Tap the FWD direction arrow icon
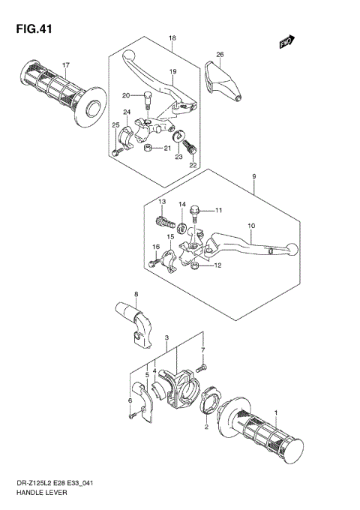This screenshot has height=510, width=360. tap(286, 43)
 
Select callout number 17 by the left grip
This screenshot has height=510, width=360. tap(65, 64)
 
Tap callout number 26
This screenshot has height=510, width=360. tap(220, 55)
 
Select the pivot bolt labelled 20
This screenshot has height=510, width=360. tap(148, 97)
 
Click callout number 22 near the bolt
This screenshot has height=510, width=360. tap(193, 165)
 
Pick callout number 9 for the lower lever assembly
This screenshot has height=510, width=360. tap(254, 178)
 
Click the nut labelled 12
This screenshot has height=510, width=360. tap(194, 265)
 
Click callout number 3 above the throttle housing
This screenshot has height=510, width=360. tap(166, 338)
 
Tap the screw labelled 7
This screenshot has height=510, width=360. tap(200, 368)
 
